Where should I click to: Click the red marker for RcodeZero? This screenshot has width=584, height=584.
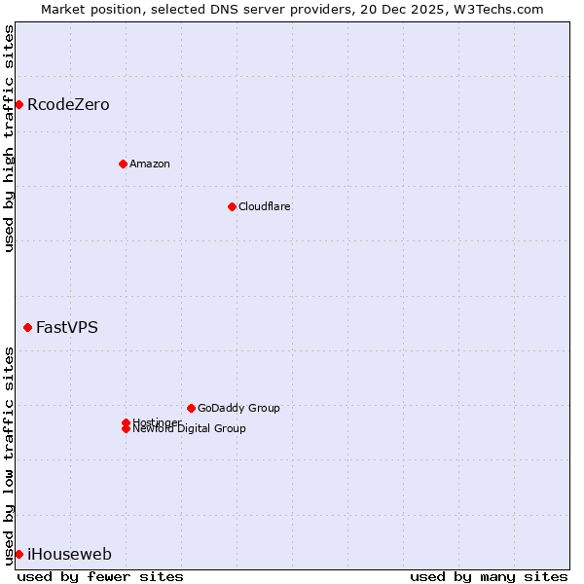(18, 104)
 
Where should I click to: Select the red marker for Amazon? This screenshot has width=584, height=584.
(123, 164)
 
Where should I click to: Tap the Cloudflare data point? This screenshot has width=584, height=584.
(232, 206)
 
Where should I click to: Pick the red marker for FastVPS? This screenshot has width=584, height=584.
(27, 327)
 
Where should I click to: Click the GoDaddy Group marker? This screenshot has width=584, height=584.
(191, 408)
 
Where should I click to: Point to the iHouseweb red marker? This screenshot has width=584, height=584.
(18, 554)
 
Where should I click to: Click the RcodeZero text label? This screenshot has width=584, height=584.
(68, 104)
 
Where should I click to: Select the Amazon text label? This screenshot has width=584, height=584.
(150, 164)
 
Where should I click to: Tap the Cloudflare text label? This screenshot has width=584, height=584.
(265, 206)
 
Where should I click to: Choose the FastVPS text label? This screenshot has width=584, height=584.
(67, 327)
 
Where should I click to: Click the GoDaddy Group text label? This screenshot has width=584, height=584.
(238, 408)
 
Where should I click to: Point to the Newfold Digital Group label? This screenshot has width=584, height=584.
(190, 429)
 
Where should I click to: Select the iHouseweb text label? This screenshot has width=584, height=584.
(69, 554)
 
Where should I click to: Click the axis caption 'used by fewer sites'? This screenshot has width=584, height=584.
(100, 576)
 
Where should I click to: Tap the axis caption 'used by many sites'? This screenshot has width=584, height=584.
(489, 576)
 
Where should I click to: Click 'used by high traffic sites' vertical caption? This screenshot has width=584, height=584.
(9, 138)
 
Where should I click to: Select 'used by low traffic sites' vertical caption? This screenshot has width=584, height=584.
(9, 456)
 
